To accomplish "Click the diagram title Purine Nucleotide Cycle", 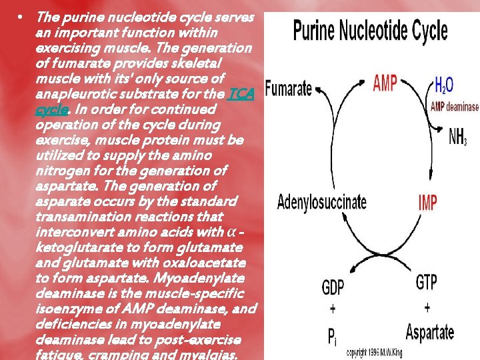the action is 370,31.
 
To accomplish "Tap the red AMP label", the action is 385,83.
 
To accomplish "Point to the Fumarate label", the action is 289,87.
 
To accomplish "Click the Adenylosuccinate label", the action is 321,201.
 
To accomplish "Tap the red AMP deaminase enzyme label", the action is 455,107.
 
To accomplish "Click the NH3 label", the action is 458,137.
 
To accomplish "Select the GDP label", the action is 333,288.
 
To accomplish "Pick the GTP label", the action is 426,282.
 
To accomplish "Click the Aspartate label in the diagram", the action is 430,332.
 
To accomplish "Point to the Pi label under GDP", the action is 333,336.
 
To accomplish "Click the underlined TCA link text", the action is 240,93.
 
